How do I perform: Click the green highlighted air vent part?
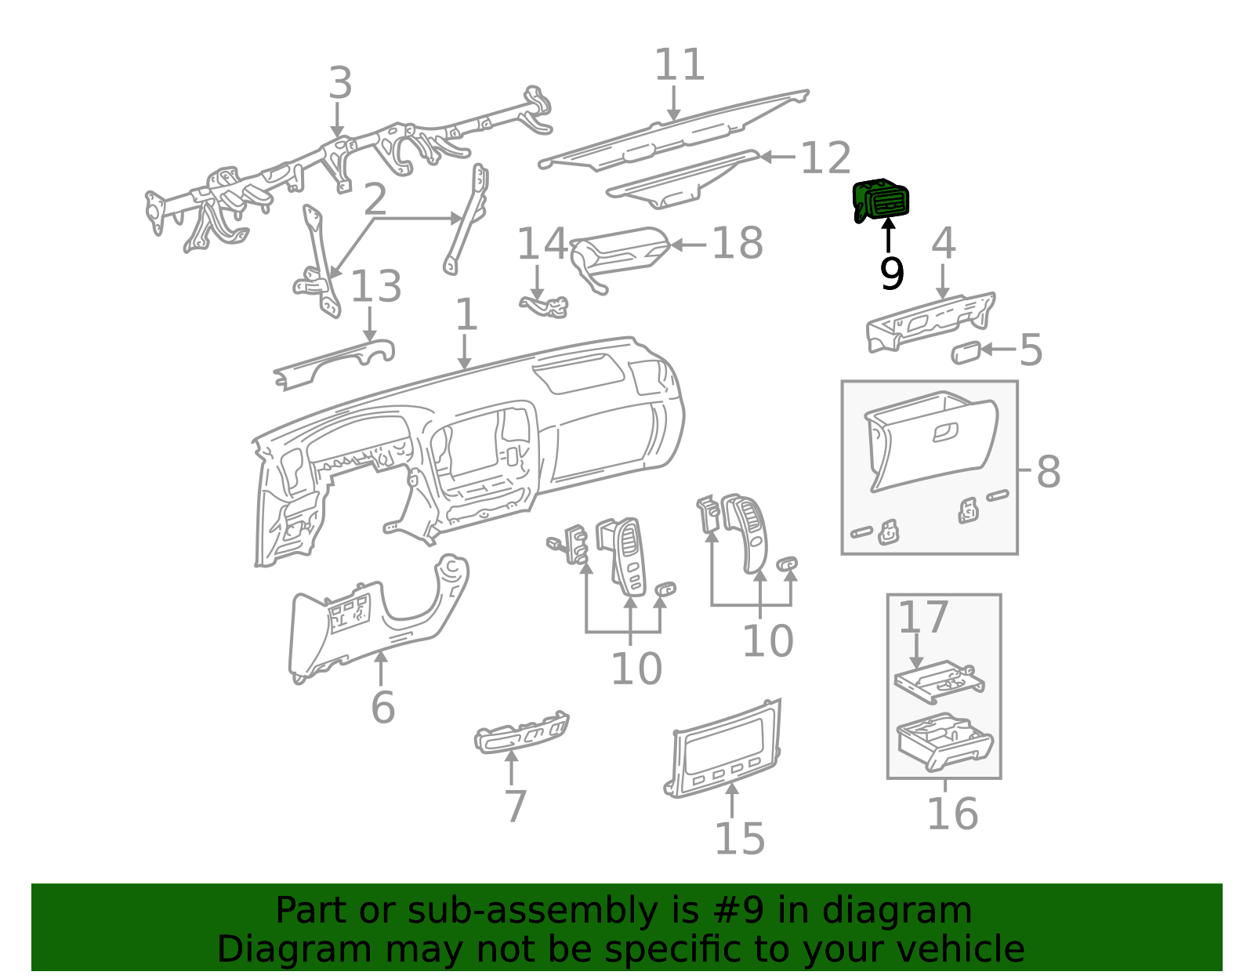click(x=881, y=201)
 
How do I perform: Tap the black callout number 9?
click(x=892, y=274)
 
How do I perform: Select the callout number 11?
click(x=680, y=64)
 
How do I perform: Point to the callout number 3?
click(x=340, y=82)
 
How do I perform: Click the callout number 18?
click(x=738, y=243)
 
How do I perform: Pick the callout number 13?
click(x=375, y=286)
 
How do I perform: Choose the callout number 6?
click(x=382, y=708)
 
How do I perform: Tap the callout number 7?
click(x=516, y=807)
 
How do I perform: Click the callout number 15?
click(x=739, y=839)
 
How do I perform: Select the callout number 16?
click(x=952, y=814)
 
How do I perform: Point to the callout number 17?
click(x=923, y=618)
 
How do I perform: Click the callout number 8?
click(x=1049, y=472)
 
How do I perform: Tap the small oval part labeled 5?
click(x=966, y=353)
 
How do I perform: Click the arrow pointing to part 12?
click(x=778, y=156)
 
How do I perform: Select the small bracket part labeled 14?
click(x=544, y=306)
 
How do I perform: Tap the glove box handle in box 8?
click(x=945, y=432)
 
